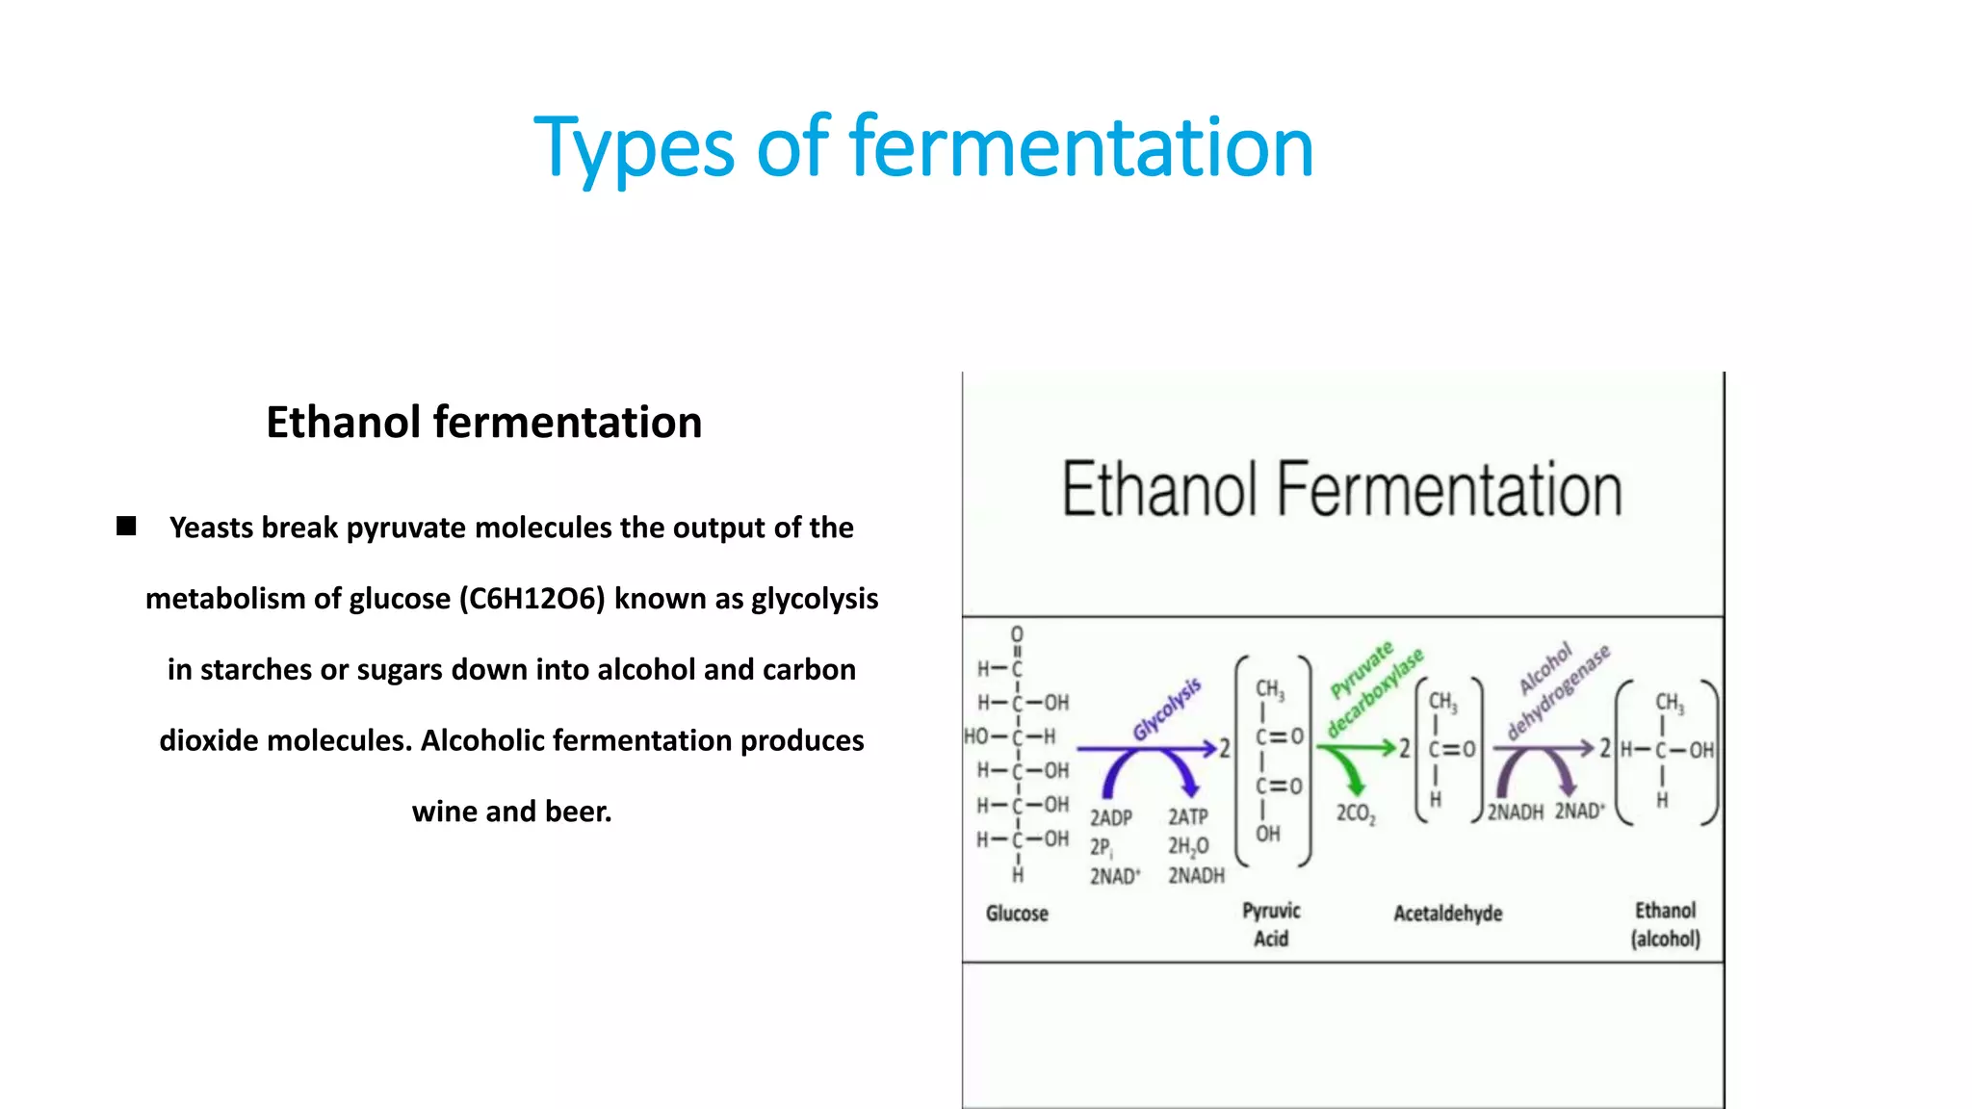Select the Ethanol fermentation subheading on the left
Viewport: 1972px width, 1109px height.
483,423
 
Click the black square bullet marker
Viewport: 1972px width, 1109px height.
126,526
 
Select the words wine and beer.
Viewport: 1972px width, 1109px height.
511,812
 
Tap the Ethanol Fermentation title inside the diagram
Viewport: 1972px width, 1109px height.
1341,490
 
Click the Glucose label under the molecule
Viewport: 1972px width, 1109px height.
1017,913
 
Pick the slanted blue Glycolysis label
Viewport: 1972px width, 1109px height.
1167,709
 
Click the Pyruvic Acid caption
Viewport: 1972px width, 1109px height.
1271,924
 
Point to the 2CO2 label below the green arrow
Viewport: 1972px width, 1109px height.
1356,814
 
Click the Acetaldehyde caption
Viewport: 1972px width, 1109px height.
1447,913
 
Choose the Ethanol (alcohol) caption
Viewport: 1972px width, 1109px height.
1665,924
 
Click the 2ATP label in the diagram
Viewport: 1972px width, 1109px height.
1188,817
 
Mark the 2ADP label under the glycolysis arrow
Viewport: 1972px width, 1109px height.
1110,818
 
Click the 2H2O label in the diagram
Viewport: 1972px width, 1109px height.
1188,847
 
